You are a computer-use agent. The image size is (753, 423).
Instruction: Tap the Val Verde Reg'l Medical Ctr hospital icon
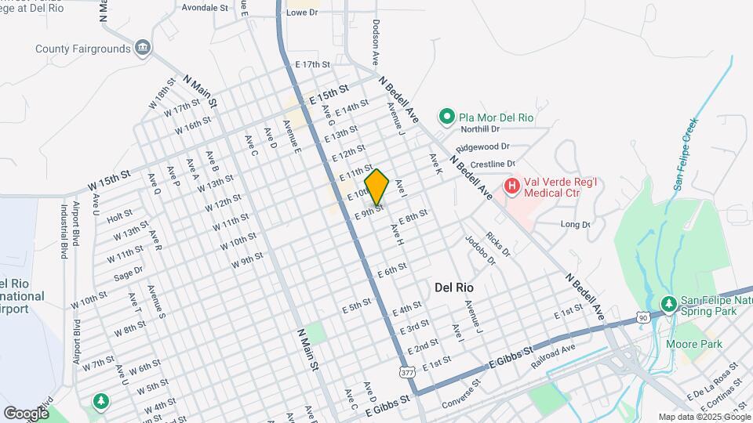coord(511,186)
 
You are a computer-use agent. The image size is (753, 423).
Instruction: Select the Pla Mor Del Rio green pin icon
coord(447,117)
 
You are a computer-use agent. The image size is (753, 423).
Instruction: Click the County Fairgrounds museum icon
coord(143,49)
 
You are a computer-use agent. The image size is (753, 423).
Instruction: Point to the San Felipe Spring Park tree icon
coord(668,303)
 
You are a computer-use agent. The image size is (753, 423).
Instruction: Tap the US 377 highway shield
coord(406,373)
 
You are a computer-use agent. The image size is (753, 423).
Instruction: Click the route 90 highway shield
coord(643,317)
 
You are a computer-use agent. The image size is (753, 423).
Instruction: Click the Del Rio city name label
coord(454,287)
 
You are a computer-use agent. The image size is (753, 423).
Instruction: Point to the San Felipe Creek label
coord(685,155)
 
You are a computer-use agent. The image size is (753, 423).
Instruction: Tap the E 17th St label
coord(312,64)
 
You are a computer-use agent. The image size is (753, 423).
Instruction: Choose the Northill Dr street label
coord(480,129)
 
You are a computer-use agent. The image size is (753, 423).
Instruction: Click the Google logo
coord(26,413)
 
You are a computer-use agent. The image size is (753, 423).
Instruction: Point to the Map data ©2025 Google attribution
coord(704,418)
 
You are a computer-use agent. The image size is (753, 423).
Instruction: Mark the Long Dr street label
coord(576,225)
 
